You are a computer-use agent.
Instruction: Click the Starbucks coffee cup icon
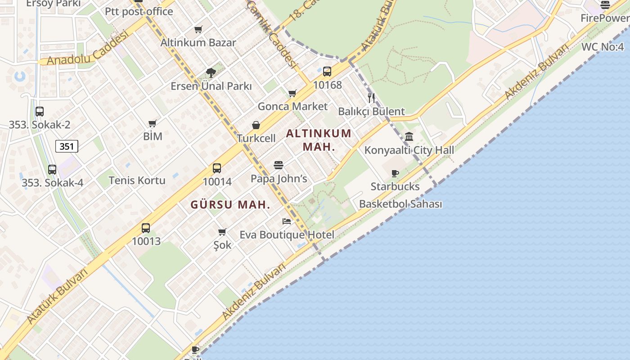(395, 173)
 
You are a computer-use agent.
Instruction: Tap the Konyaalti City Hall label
(409, 150)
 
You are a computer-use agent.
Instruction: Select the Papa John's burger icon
(279, 165)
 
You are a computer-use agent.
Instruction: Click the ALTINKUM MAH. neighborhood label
(319, 140)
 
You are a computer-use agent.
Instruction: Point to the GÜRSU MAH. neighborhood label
(230, 205)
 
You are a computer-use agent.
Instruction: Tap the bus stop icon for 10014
(217, 168)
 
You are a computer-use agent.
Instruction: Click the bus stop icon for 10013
(146, 228)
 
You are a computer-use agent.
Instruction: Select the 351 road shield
(67, 146)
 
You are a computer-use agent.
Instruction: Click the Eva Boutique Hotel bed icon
(287, 221)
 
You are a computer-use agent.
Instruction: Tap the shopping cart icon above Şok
(222, 232)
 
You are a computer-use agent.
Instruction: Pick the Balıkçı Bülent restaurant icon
(371, 98)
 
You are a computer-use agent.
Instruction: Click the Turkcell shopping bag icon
(256, 125)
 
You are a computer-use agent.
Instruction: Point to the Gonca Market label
(292, 107)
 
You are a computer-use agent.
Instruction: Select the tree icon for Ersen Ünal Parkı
(211, 72)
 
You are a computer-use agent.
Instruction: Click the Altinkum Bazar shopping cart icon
(198, 29)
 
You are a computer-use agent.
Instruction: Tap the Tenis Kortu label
(137, 180)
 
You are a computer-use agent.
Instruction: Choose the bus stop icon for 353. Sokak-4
(52, 170)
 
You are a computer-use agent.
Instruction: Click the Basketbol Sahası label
(400, 204)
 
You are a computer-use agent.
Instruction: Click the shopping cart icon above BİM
(153, 123)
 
